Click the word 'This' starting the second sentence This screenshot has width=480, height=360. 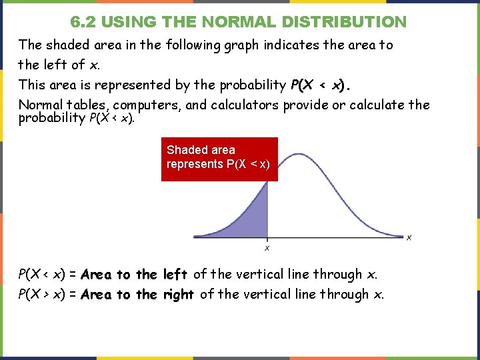(31, 85)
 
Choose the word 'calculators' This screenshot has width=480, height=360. (243, 105)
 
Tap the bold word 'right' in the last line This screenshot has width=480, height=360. (178, 294)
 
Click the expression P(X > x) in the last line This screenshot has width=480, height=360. (45, 294)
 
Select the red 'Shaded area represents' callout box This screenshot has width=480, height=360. (219, 159)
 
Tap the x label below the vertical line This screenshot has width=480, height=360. (267, 248)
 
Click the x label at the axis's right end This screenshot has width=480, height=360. (409, 237)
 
